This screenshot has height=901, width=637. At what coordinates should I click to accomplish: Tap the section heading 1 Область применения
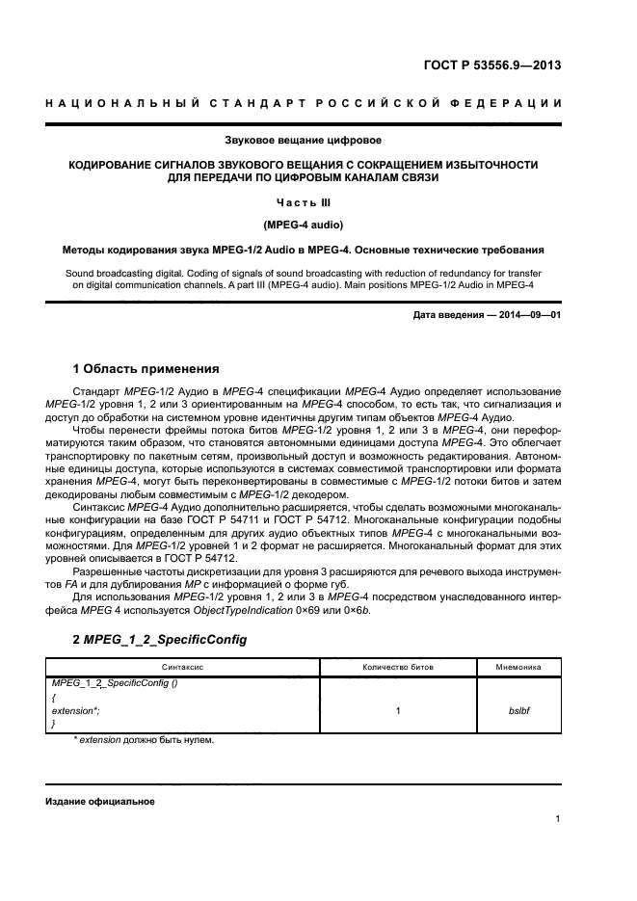pos(146,368)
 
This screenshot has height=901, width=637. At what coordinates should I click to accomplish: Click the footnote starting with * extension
pos(143,740)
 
